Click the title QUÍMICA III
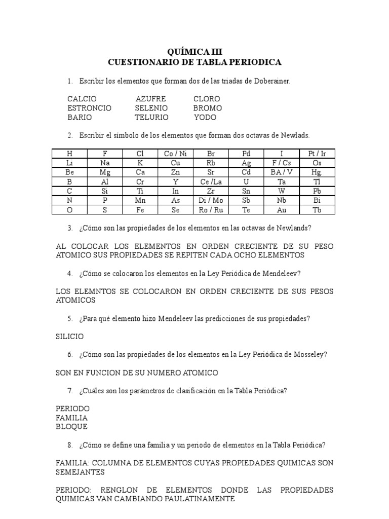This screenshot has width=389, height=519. [x=194, y=52]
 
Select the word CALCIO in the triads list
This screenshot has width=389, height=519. [x=82, y=99]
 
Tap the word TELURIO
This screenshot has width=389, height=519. [x=151, y=117]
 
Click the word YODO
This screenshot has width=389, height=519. [x=205, y=117]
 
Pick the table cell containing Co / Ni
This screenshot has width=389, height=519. [x=175, y=154]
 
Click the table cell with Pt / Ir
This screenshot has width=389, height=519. [x=317, y=154]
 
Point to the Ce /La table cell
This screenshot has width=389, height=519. [x=211, y=181]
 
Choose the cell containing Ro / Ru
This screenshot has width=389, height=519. [x=211, y=209]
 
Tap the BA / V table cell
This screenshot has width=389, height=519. [x=282, y=172]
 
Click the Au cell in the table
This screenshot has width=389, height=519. [x=282, y=209]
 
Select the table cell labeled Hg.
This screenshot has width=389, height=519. [x=317, y=172]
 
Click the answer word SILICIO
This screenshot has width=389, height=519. [x=69, y=336]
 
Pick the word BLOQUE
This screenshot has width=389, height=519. [x=71, y=427]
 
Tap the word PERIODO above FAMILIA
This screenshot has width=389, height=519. [x=72, y=409]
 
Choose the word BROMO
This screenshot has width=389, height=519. [x=207, y=108]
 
